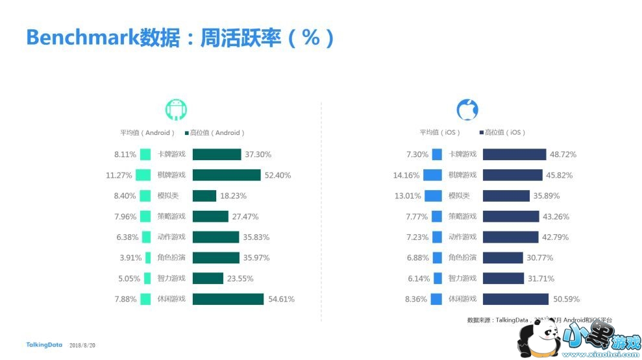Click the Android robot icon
point(176,110)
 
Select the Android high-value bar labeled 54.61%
point(228,299)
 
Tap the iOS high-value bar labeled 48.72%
point(514,154)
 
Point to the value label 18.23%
point(234,196)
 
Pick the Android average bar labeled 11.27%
point(143,175)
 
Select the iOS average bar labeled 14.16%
point(432,175)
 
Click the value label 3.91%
point(130,258)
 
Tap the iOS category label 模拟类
point(459,196)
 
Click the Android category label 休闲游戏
point(171,299)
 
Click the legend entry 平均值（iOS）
point(440,133)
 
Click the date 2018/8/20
point(82,345)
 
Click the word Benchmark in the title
point(82,37)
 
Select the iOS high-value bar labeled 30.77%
point(503,258)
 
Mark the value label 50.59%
point(564,299)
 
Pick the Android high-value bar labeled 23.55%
point(208,278)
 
